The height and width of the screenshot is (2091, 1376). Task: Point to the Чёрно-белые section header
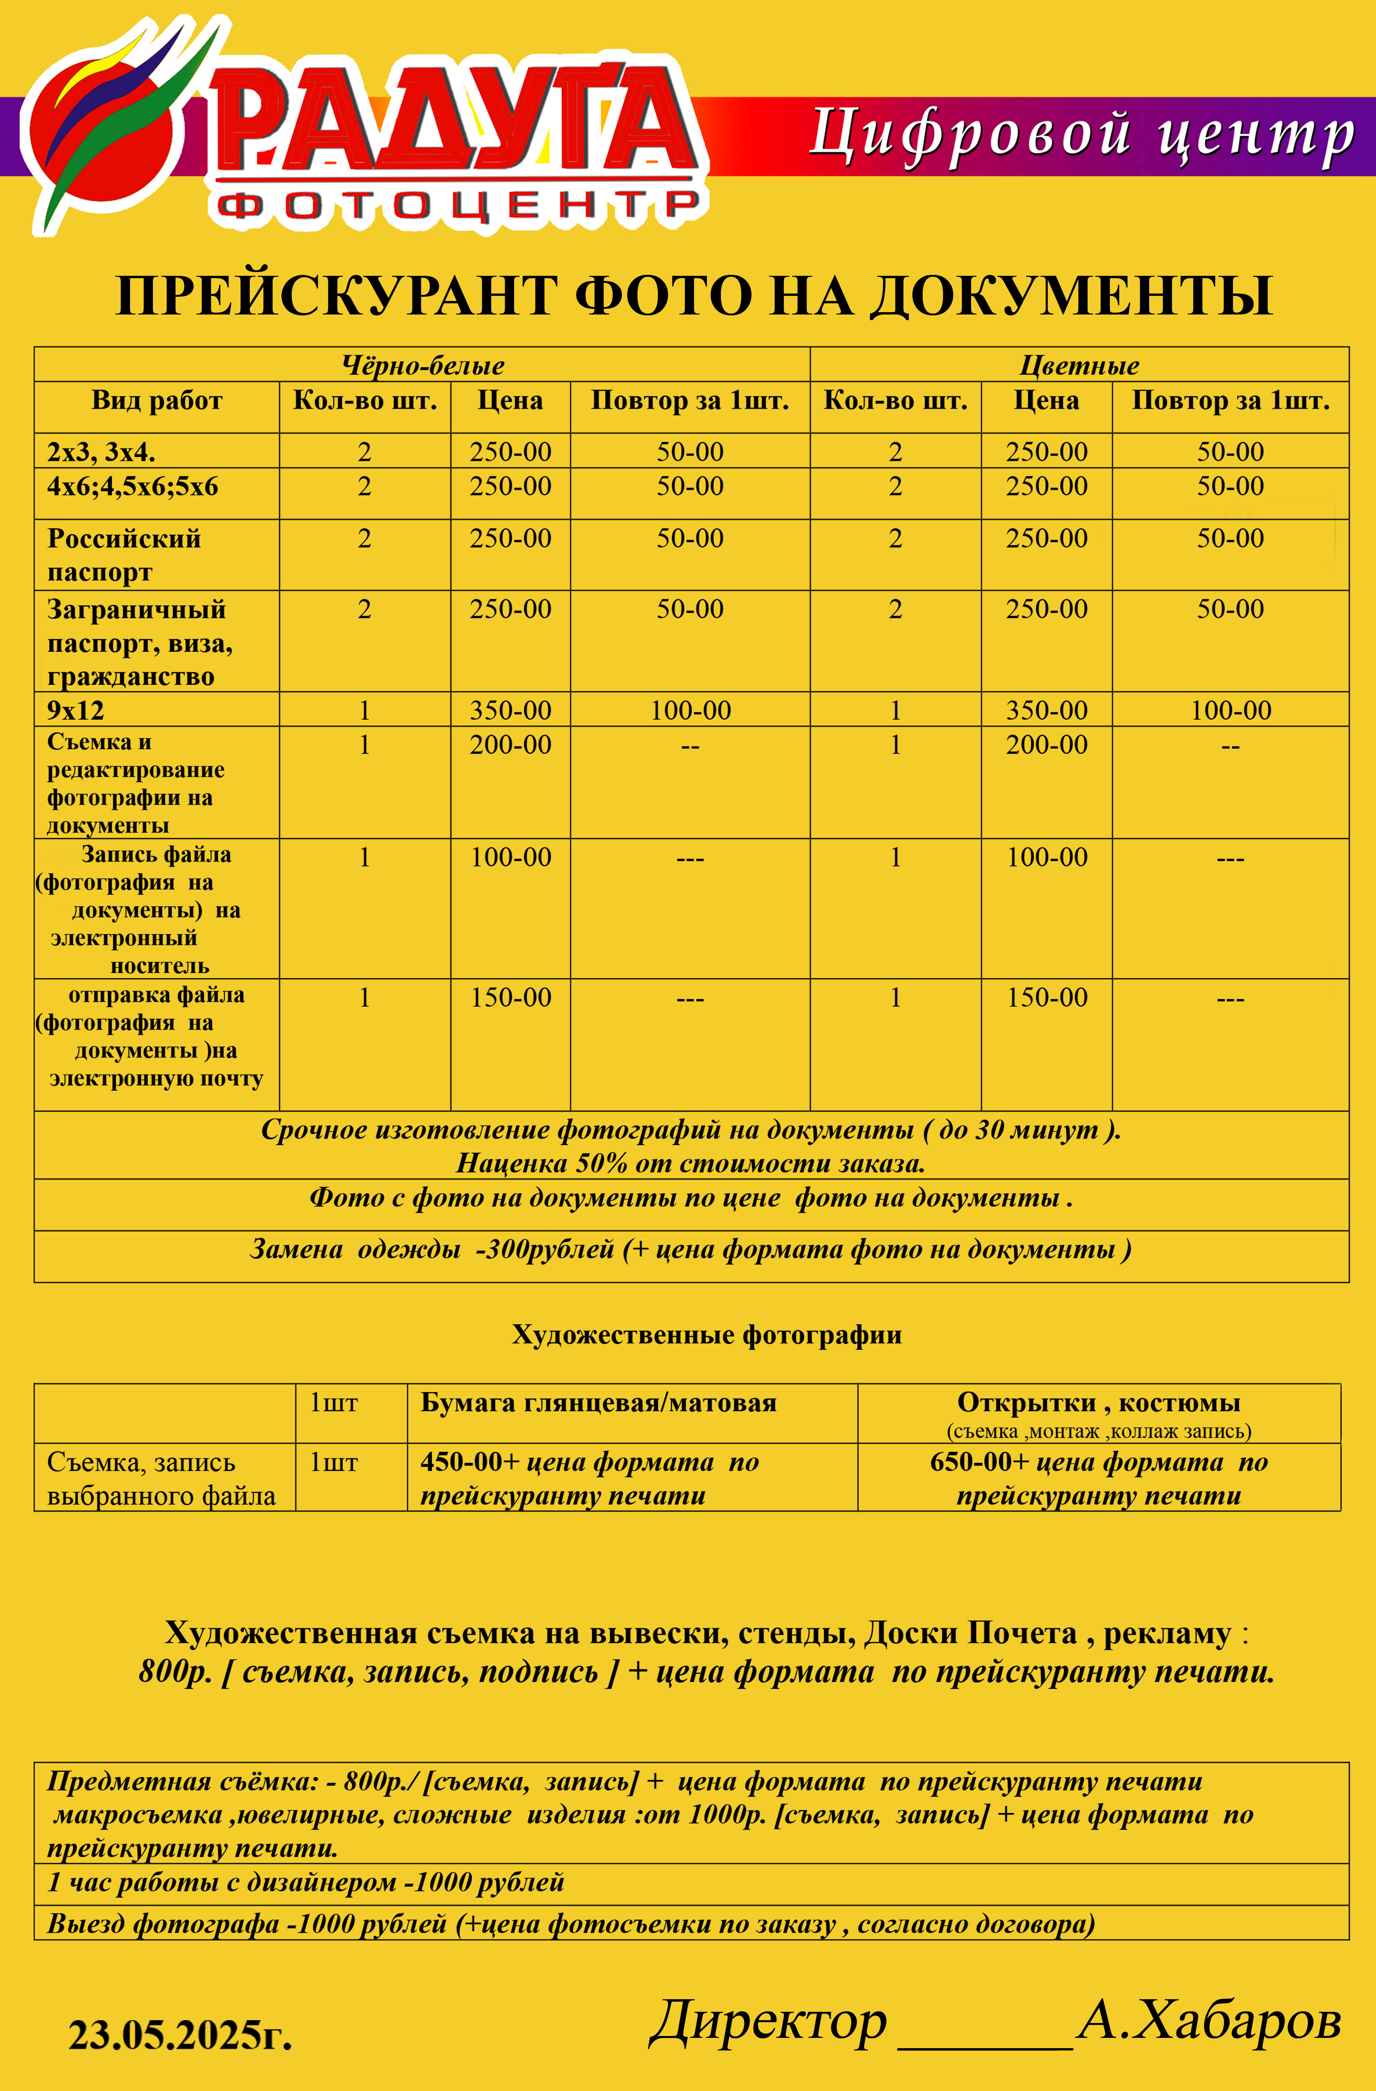pos(423,365)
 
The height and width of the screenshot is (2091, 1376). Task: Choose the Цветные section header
pos(1079,365)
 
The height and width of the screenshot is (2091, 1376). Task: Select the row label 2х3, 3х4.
pos(101,451)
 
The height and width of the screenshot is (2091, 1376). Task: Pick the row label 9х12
pos(75,710)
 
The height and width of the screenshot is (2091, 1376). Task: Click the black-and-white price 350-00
pos(511,710)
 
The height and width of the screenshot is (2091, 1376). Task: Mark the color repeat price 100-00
pos(1230,710)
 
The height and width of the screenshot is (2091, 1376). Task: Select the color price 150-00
pos(1047,997)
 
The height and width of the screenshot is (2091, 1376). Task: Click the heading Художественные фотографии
pos(706,1334)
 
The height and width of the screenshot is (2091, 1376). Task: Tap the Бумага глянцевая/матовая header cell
pos(598,1403)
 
